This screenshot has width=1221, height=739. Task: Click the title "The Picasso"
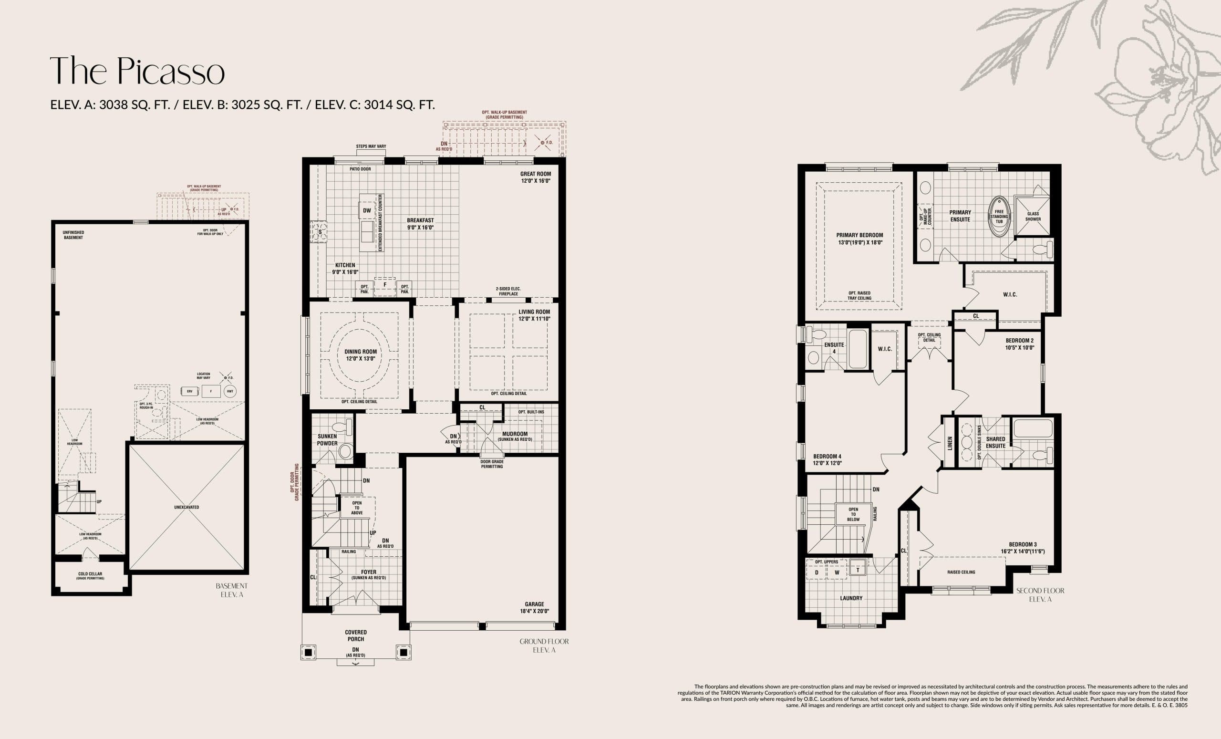[x=137, y=71]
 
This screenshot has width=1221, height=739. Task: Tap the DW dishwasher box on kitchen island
[x=367, y=210]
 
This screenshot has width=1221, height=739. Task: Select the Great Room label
[x=535, y=174]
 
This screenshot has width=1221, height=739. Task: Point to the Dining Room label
[x=360, y=352]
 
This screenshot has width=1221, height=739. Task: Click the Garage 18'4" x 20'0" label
[x=534, y=608]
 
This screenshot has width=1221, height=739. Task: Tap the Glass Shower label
[x=1033, y=217]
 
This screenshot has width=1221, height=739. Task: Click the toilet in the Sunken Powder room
[x=342, y=427]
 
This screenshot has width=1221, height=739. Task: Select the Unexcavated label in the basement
[x=186, y=508]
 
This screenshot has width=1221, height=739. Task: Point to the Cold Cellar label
[x=90, y=574]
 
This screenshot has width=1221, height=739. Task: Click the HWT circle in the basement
[x=230, y=391]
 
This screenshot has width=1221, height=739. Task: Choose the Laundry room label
[x=851, y=598]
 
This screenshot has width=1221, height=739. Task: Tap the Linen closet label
[x=950, y=443]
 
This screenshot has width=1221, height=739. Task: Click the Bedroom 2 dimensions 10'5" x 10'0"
[x=1019, y=347]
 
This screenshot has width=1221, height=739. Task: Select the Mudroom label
[x=515, y=434]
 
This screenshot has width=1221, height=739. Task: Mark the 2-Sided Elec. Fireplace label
[x=508, y=291]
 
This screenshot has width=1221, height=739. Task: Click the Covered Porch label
[x=356, y=635]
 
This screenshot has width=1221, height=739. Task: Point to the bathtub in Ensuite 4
[x=858, y=349]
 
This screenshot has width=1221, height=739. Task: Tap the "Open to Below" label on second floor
[x=853, y=514]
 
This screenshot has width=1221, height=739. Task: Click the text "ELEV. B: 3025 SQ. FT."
[x=242, y=104]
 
